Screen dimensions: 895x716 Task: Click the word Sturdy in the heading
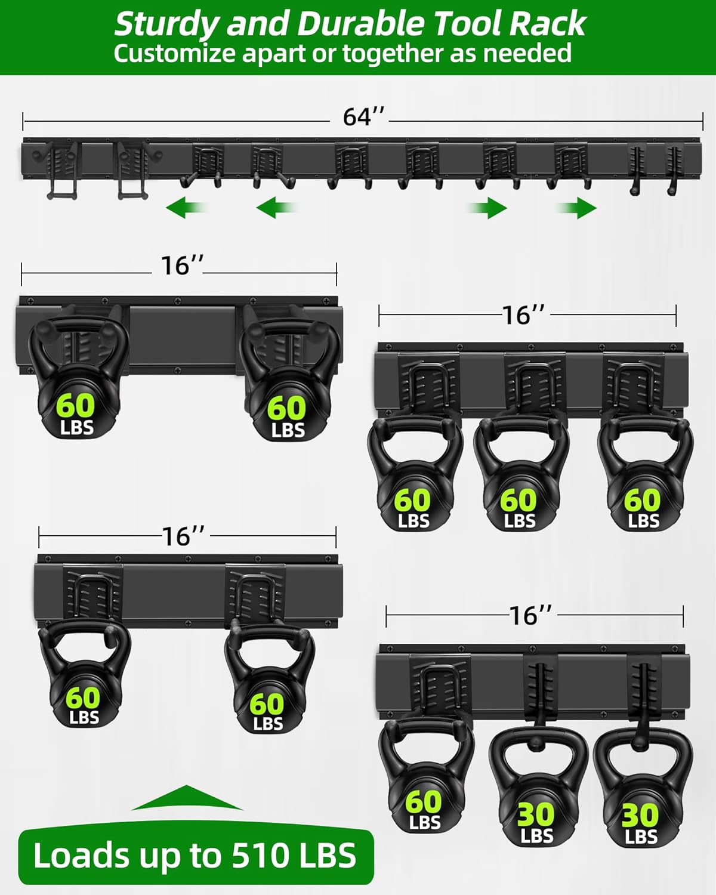tap(166, 25)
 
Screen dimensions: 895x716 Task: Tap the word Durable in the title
tap(360, 25)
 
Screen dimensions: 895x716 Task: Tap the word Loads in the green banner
tap(82, 856)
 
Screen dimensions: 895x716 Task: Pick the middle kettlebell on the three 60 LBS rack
tap(519, 477)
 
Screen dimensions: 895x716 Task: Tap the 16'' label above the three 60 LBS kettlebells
tap(523, 314)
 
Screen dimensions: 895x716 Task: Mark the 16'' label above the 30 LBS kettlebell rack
tap(530, 615)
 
